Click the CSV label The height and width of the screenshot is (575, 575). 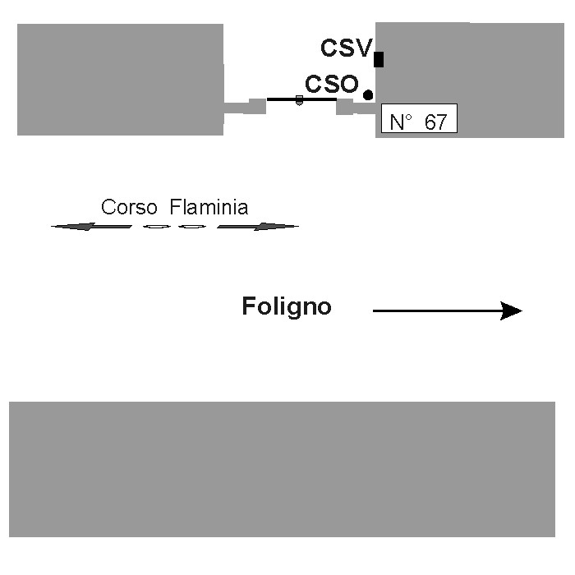coord(347,48)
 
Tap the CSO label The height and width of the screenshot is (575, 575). coord(331,84)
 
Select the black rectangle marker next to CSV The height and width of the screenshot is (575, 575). coord(379,59)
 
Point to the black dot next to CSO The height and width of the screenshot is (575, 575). coord(368,95)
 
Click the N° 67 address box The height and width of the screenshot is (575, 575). coord(419,122)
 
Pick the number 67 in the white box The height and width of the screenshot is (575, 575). coord(435,122)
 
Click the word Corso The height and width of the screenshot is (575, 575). coord(126,207)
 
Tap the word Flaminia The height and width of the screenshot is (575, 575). coord(209,207)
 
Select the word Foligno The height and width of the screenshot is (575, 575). coord(287,307)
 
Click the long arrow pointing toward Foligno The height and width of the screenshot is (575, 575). coord(447,310)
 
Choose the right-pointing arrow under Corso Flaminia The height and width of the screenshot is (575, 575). coord(257,226)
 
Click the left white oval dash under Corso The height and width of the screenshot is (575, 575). coord(156,226)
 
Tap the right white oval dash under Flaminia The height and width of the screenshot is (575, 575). coord(191,226)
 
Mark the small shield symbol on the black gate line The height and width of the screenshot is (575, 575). coord(299,100)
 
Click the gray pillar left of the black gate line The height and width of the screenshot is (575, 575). coord(257,106)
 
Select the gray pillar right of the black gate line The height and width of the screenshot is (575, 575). coord(345,106)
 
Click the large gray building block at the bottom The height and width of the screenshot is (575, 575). coord(282,468)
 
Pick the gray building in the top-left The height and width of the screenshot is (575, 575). coord(120,78)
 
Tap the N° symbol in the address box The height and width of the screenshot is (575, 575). coord(400,122)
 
